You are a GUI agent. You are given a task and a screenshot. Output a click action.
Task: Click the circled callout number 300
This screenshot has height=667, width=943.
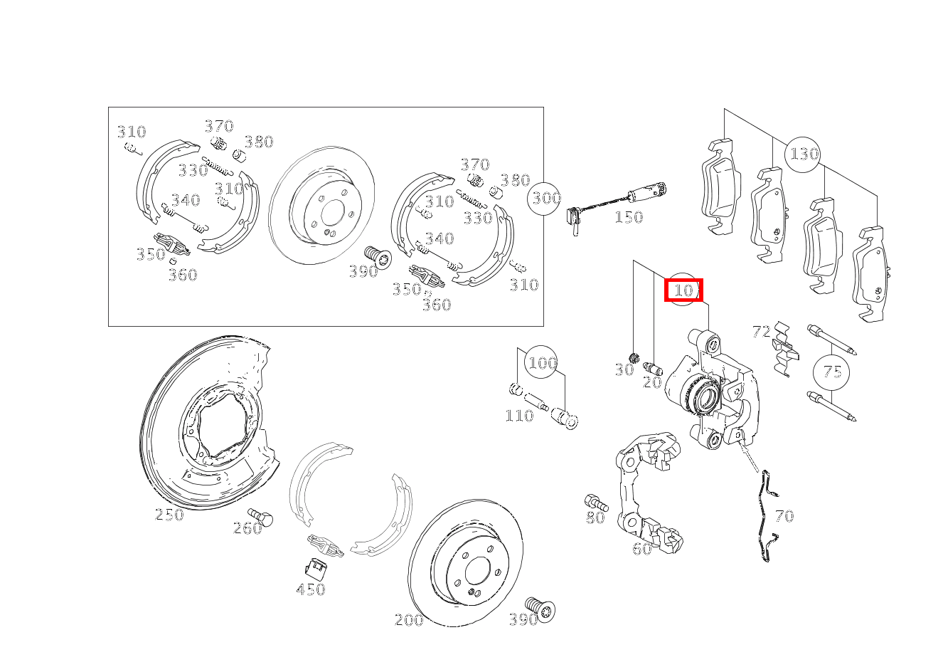pyautogui.click(x=544, y=198)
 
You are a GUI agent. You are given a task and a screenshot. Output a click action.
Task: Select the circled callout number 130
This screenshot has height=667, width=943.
pyautogui.click(x=802, y=154)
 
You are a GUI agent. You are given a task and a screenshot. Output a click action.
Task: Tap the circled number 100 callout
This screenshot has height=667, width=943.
pyautogui.click(x=541, y=362)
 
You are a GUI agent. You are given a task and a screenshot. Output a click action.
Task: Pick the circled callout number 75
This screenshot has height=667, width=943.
pyautogui.click(x=831, y=372)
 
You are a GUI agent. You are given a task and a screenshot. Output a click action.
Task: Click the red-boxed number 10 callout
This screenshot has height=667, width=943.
pyautogui.click(x=683, y=290)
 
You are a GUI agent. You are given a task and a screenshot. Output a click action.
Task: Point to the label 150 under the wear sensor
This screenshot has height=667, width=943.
pyautogui.click(x=629, y=217)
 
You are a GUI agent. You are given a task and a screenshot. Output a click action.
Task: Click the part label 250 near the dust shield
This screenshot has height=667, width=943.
pyautogui.click(x=169, y=515)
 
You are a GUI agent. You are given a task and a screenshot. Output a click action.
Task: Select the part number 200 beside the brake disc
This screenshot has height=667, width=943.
pyautogui.click(x=409, y=620)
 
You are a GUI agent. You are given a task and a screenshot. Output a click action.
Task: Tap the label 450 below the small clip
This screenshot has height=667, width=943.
pyautogui.click(x=311, y=589)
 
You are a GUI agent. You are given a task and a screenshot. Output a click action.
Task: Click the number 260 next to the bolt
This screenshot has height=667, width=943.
pyautogui.click(x=247, y=528)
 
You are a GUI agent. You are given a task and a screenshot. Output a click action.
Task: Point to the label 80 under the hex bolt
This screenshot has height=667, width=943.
pyautogui.click(x=595, y=518)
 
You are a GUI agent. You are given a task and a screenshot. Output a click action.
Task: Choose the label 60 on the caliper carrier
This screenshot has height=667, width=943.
pyautogui.click(x=641, y=549)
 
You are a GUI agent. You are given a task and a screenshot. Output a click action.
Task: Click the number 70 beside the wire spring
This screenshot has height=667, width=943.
pyautogui.click(x=784, y=516)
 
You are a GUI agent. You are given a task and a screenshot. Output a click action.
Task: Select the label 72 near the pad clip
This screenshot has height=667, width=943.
pyautogui.click(x=762, y=332)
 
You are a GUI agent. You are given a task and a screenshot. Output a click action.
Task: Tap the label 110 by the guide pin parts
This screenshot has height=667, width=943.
pyautogui.click(x=519, y=416)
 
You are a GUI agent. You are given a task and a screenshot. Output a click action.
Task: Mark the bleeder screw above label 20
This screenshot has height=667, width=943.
pyautogui.click(x=653, y=368)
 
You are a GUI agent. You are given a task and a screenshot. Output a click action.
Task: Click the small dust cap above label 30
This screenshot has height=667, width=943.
pyautogui.click(x=634, y=358)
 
